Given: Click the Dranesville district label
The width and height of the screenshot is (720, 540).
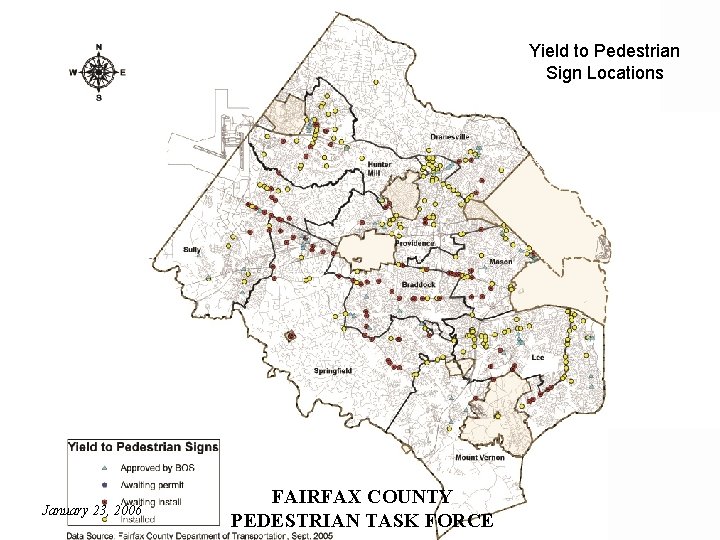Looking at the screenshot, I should click(x=449, y=136).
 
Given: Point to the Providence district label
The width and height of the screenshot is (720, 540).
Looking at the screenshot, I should click(x=414, y=243).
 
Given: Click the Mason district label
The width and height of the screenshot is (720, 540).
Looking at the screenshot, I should click(x=500, y=262).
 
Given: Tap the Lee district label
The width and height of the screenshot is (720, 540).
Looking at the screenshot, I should click(x=537, y=356).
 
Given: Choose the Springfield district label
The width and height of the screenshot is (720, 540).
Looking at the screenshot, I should click(x=332, y=371).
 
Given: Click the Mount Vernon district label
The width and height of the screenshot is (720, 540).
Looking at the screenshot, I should click(x=479, y=457).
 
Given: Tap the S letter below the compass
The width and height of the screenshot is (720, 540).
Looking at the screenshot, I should click(x=98, y=98).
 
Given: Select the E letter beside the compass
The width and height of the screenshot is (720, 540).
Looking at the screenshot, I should click(x=124, y=73).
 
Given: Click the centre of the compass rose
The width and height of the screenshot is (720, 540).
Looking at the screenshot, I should click(x=98, y=73).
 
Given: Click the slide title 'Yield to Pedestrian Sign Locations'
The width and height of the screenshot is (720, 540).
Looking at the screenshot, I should click(x=604, y=61).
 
